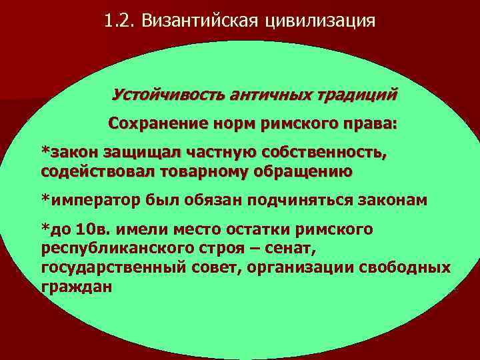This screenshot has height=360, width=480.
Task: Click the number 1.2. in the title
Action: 119,21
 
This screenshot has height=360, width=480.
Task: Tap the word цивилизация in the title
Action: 321,21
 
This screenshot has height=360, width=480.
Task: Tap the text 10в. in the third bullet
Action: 95,230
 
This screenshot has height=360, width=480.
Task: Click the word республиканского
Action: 107,249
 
